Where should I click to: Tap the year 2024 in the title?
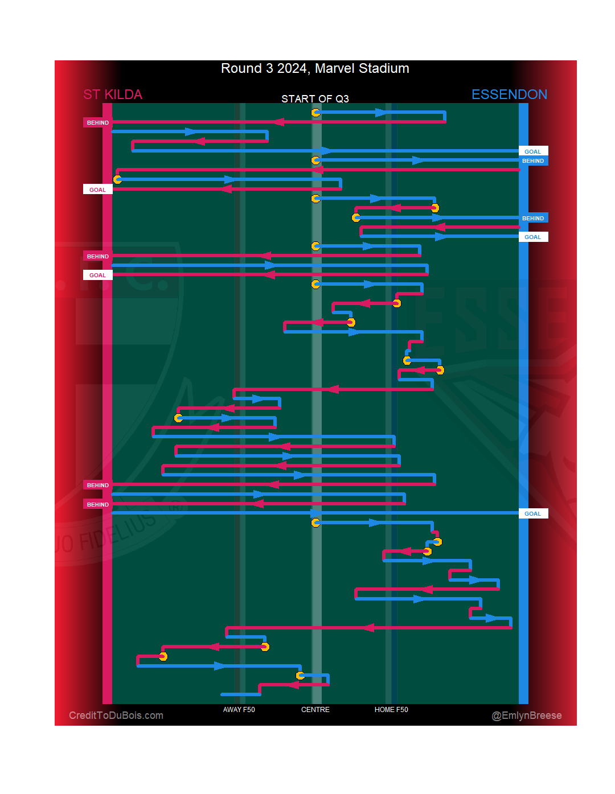pos(292,69)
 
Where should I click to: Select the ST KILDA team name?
pos(113,94)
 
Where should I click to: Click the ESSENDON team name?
pos(509,94)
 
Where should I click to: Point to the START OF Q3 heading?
pos(315,99)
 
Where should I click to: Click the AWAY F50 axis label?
pos(239,710)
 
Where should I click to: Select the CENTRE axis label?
pos(315,710)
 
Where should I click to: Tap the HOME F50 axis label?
pos(391,710)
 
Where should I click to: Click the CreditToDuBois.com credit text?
pos(116,715)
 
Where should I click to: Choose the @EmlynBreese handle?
pos(527,715)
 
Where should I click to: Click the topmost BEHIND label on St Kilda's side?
pos(98,123)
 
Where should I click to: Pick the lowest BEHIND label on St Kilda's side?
pos(98,505)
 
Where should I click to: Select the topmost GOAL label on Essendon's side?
pos(533,151)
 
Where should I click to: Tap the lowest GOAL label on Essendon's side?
pos(533,514)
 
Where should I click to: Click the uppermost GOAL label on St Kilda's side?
pos(98,190)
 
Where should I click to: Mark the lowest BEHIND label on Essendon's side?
pos(533,219)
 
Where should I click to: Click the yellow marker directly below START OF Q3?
pos(315,113)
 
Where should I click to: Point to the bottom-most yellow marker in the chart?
pos(300,676)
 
